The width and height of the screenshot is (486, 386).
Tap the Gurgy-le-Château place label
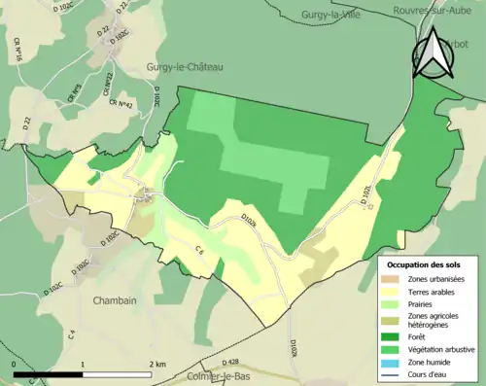(x=185, y=66)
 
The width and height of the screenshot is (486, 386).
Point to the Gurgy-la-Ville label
(x=325, y=16)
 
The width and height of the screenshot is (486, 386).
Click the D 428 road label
(x=237, y=361)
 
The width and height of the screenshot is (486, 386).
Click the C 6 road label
(x=198, y=252)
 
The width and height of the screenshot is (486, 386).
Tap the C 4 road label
(x=72, y=335)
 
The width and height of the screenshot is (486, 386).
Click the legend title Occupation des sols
(x=426, y=264)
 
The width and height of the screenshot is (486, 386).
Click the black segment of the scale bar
(x=49, y=370)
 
